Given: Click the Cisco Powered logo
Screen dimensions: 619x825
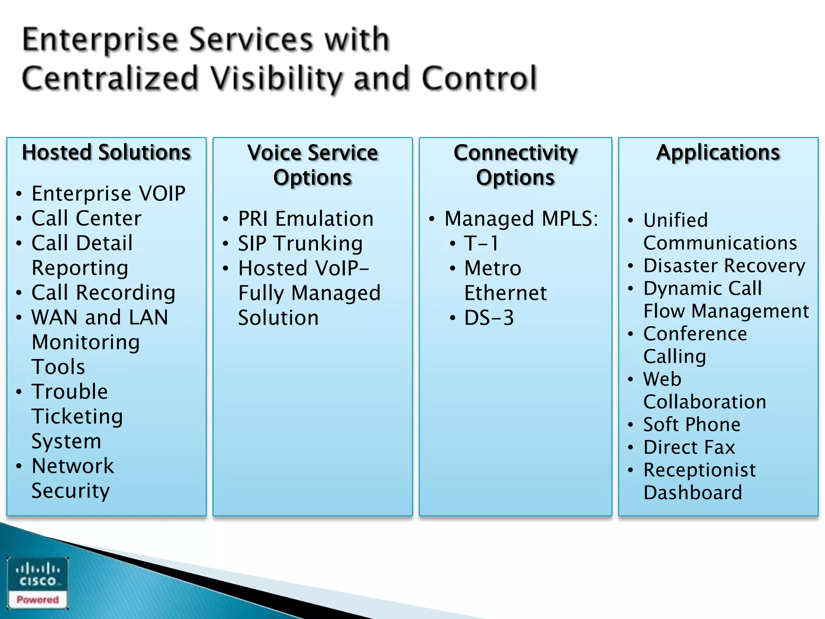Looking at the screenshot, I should [37, 583].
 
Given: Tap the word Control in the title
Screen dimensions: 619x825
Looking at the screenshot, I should [479, 79].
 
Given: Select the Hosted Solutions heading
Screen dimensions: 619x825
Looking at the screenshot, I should [106, 153].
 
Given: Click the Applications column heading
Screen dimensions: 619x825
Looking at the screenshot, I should [718, 153].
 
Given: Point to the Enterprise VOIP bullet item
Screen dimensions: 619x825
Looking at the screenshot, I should [108, 193].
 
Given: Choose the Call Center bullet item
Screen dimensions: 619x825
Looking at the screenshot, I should [87, 218].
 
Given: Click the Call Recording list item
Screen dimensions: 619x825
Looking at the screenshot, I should [104, 293].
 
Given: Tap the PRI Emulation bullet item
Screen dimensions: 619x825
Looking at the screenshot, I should [306, 219].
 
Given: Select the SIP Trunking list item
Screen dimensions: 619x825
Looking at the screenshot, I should [300, 244].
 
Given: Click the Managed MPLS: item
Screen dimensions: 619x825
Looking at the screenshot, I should [521, 219].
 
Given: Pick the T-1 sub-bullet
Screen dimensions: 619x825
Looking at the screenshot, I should [481, 244].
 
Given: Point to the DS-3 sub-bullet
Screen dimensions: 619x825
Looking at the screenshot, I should [489, 318].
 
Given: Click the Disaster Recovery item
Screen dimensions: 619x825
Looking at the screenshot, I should [724, 266].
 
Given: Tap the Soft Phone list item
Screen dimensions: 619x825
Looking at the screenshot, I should [692, 425].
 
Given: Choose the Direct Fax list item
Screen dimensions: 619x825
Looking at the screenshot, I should [689, 447].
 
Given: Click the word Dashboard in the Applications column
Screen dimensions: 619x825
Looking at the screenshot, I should [692, 493].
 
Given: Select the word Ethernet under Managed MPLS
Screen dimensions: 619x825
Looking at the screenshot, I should [506, 293].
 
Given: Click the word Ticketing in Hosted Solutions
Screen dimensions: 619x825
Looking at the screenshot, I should [77, 417].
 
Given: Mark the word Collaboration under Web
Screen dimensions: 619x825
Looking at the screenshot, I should [705, 402].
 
